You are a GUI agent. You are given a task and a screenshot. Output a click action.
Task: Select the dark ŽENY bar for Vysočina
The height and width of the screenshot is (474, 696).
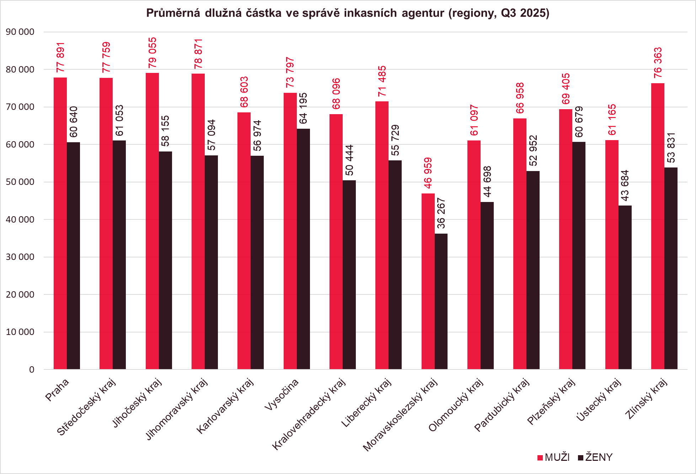(x=303, y=249)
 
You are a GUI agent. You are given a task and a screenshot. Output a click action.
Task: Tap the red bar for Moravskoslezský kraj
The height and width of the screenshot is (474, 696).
(x=428, y=281)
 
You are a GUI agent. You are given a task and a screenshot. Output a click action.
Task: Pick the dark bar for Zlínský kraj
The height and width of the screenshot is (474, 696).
(x=671, y=268)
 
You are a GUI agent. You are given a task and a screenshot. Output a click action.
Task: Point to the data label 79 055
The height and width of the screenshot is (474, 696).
(x=152, y=53)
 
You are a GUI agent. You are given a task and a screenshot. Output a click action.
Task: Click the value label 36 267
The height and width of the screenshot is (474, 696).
(x=441, y=213)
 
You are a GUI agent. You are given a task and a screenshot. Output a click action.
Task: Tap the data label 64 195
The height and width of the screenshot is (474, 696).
(x=303, y=108)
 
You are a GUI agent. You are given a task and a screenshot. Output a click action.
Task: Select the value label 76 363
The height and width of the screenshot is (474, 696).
(x=658, y=63)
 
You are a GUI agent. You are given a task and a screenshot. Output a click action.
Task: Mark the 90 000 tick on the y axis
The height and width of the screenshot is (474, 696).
(x=20, y=32)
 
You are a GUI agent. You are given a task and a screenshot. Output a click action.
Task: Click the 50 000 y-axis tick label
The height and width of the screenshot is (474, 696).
(x=20, y=182)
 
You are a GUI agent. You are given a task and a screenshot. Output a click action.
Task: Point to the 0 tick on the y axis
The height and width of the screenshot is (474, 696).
(x=32, y=370)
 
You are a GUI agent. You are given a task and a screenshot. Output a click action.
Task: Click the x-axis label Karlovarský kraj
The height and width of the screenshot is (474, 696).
(x=225, y=406)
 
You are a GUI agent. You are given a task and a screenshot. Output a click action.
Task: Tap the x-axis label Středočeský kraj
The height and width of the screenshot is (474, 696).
(x=86, y=407)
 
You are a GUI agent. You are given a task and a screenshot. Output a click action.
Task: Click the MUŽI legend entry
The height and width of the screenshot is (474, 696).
(x=553, y=457)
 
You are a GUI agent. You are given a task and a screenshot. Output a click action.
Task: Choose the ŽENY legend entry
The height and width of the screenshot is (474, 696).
(x=595, y=457)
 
